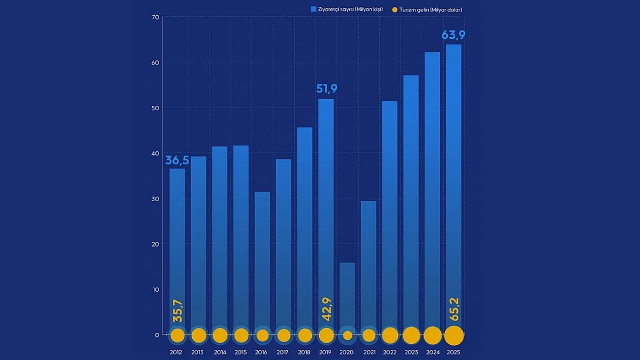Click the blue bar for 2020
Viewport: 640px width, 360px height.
tap(347, 294)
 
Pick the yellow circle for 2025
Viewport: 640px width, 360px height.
tap(454, 335)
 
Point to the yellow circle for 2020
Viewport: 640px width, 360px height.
tap(347, 335)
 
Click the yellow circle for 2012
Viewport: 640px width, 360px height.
tap(177, 335)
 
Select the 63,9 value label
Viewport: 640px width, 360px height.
tap(454, 35)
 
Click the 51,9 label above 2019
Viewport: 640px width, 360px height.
tap(327, 89)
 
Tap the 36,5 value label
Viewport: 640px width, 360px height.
tap(177, 160)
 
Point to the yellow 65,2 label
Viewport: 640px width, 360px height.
tap(454, 309)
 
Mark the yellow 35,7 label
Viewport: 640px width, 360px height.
tap(177, 311)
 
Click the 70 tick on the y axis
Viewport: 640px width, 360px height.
tap(155, 17)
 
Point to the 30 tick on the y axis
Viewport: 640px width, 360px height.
tap(155, 199)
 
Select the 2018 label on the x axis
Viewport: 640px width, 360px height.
tap(304, 352)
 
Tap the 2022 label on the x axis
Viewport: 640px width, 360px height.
tap(390, 352)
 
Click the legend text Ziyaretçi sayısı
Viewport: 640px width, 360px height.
tap(350, 9)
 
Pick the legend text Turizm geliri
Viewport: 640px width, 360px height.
tap(431, 9)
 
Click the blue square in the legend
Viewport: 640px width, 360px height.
tap(313, 9)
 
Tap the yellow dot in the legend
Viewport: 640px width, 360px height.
tap(395, 9)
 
